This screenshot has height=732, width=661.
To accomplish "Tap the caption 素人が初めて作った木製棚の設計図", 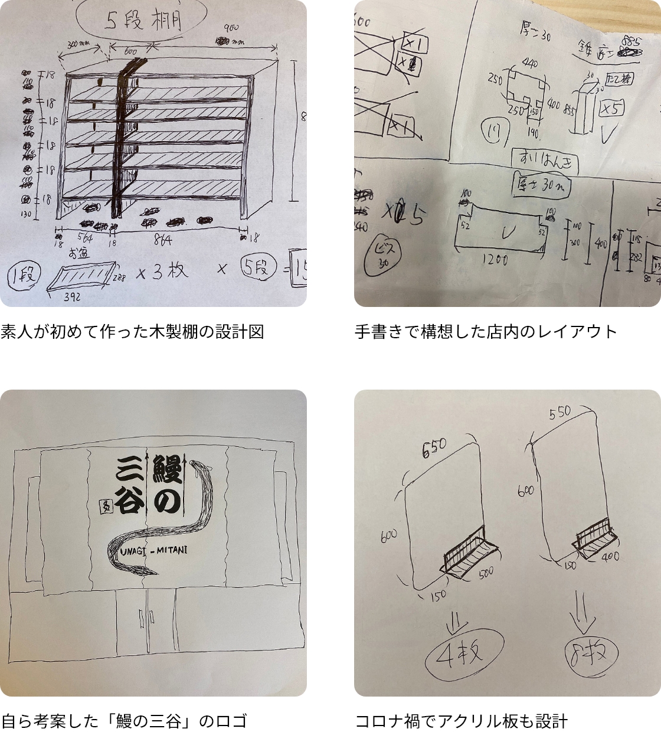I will tap(132, 332).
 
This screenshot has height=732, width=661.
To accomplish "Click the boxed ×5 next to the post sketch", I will tap(612, 109).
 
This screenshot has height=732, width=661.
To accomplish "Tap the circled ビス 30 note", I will tap(383, 254).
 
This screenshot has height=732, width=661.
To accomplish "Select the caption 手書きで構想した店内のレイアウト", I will tap(486, 332).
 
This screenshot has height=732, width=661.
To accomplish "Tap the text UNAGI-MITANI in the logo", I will tap(153, 550).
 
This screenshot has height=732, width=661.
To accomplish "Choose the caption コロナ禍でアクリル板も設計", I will tap(461, 721).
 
